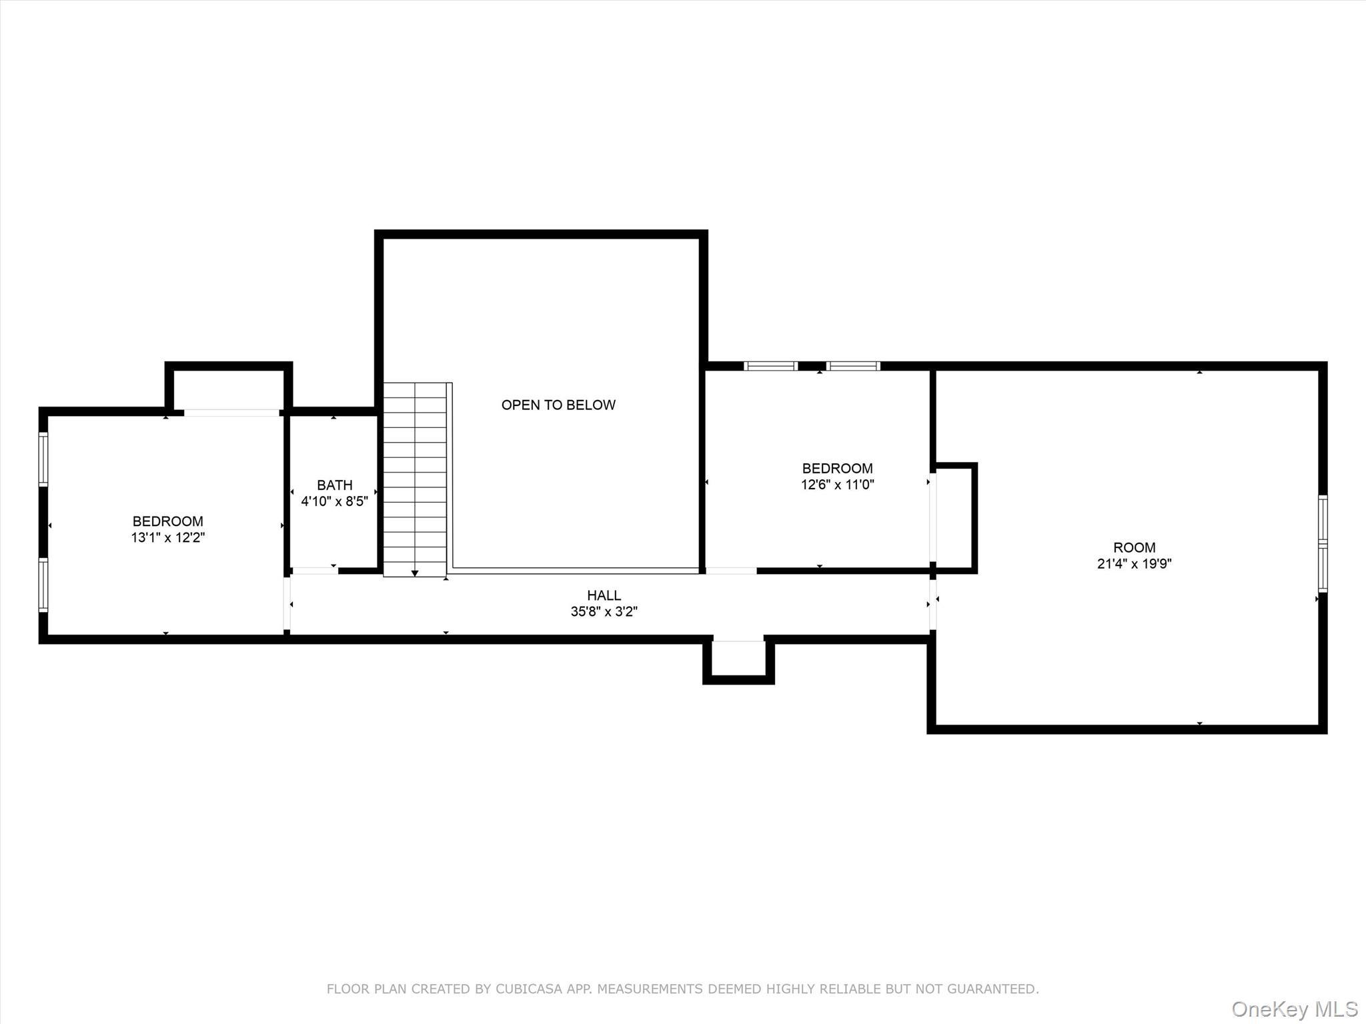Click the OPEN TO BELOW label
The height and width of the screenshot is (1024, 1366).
558,405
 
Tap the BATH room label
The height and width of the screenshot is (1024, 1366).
334,485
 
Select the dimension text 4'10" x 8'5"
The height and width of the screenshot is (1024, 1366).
334,501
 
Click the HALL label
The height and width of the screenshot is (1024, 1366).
604,595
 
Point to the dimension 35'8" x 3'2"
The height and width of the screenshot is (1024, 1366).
604,611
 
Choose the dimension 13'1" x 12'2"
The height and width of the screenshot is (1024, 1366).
167,537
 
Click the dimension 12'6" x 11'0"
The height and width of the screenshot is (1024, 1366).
837,485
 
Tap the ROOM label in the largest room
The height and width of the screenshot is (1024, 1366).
1134,547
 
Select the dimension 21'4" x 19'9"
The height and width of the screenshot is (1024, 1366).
1134,564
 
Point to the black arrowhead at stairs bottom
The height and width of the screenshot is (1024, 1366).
415,573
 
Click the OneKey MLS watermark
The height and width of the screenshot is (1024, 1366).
1295,1009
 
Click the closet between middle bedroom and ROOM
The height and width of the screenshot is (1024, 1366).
955,517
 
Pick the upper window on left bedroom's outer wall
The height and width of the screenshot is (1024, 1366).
43,459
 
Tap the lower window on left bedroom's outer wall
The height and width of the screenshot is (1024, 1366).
43,585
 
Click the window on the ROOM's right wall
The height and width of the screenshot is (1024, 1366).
1323,543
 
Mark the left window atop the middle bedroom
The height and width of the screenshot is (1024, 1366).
770,366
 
